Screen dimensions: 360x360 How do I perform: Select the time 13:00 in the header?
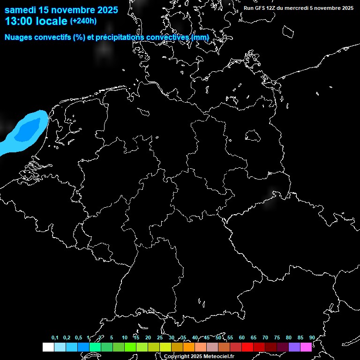(x=19, y=22)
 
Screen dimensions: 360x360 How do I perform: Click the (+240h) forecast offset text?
(x=83, y=21)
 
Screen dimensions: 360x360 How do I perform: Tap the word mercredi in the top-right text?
(x=295, y=8)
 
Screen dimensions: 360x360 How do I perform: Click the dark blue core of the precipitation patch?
(x=27, y=130)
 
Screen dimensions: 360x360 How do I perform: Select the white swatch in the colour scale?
(x=48, y=347)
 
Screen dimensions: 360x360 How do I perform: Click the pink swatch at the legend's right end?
(x=306, y=347)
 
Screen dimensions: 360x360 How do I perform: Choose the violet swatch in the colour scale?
(x=294, y=347)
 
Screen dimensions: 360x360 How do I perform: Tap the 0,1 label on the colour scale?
(x=55, y=338)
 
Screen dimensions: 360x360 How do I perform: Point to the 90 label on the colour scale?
(x=312, y=338)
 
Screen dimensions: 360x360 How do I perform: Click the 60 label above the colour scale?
(x=241, y=338)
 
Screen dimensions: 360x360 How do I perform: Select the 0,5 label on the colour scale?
(x=78, y=338)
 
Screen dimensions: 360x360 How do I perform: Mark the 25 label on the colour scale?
(x=159, y=338)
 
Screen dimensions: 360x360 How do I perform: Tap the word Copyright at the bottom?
(x=177, y=357)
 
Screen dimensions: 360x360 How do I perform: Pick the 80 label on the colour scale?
(x=288, y=338)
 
